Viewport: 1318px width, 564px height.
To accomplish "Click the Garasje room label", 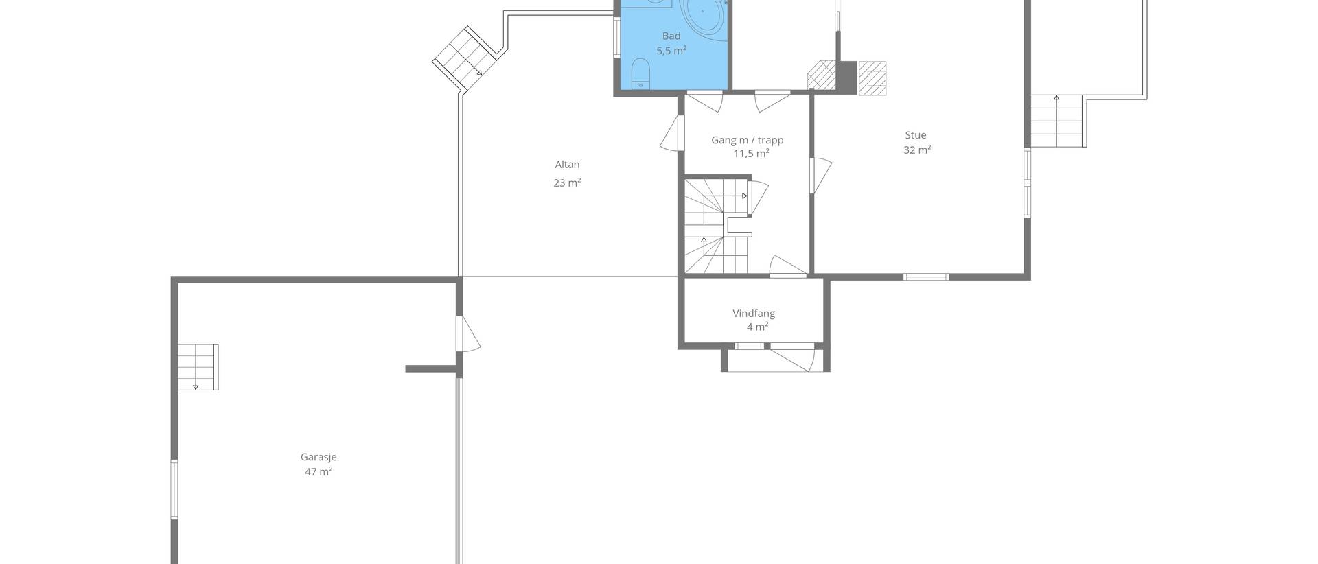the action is pyautogui.click(x=319, y=457).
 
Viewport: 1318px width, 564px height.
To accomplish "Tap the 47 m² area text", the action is pyautogui.click(x=319, y=471).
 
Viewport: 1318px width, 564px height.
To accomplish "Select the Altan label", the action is pyautogui.click(x=568, y=165).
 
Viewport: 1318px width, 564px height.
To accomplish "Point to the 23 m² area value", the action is pyautogui.click(x=568, y=183).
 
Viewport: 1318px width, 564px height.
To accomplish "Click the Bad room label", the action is pyautogui.click(x=671, y=36).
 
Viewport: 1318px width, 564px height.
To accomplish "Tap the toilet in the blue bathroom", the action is pyautogui.click(x=640, y=73).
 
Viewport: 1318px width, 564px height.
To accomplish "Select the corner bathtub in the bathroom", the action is pyautogui.click(x=702, y=19).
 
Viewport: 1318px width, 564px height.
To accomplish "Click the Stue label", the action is pyautogui.click(x=916, y=135).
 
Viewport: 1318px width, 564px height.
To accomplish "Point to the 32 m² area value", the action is pyautogui.click(x=917, y=150).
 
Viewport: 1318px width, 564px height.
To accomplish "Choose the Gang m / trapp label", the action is pyautogui.click(x=747, y=140).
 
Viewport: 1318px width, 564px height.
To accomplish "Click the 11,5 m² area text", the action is pyautogui.click(x=751, y=154).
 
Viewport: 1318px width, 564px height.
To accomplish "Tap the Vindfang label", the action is pyautogui.click(x=754, y=314).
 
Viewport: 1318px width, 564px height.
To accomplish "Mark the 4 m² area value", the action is pyautogui.click(x=757, y=327).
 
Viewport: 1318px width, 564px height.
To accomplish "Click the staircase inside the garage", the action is pyautogui.click(x=198, y=367).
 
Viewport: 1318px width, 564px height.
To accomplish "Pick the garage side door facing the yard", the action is pyautogui.click(x=467, y=334).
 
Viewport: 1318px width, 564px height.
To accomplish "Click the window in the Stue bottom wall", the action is pyautogui.click(x=926, y=277).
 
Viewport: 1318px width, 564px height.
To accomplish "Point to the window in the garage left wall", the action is pyautogui.click(x=174, y=489).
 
